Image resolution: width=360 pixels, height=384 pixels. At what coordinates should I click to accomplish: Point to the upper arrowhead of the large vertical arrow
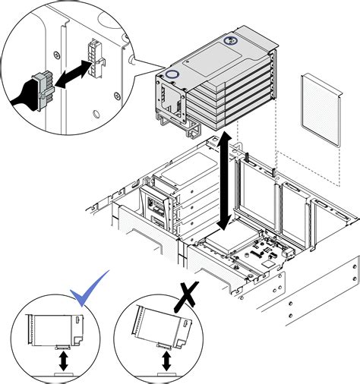pyautogui.click(x=226, y=137)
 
